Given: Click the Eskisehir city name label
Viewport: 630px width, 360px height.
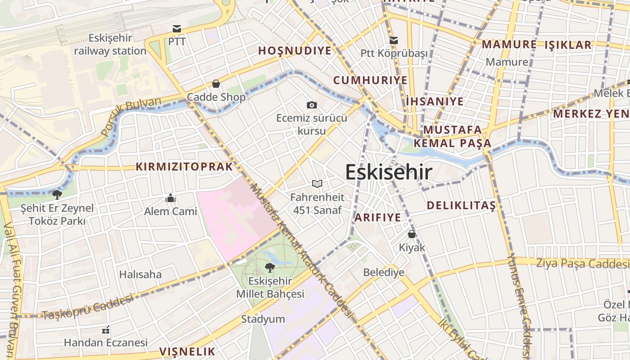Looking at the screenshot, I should (389, 172).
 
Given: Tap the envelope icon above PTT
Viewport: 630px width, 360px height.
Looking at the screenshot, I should (177, 29).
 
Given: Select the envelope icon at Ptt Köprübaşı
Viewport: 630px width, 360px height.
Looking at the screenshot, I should (394, 40).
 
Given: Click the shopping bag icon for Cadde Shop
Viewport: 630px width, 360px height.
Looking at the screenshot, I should (216, 84).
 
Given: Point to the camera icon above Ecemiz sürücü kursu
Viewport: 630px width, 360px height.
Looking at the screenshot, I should (311, 105).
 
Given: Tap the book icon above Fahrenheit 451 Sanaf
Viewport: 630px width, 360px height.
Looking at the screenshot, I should (317, 184).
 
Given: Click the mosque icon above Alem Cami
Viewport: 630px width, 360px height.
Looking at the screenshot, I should (171, 198).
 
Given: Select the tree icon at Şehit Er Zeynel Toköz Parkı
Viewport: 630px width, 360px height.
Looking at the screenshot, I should (57, 195).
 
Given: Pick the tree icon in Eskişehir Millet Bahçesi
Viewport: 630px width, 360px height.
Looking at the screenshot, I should (270, 268).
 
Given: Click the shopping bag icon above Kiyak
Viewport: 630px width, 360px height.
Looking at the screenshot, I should (412, 234).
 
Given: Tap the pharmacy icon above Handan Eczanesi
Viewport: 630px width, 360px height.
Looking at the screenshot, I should (106, 330).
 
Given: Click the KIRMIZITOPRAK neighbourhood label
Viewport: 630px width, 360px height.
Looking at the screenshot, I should (184, 167).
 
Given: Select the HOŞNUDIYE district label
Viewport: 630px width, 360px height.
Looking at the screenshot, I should (295, 51).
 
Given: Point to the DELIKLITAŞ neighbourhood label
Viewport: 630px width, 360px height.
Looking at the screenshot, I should (461, 206).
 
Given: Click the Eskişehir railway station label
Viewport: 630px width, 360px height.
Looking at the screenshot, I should (110, 44).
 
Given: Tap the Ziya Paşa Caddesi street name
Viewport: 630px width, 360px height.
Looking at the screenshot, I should (582, 263).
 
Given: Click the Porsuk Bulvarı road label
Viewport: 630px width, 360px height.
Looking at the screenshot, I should (131, 116).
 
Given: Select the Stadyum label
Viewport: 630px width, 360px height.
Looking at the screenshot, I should (263, 319).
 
